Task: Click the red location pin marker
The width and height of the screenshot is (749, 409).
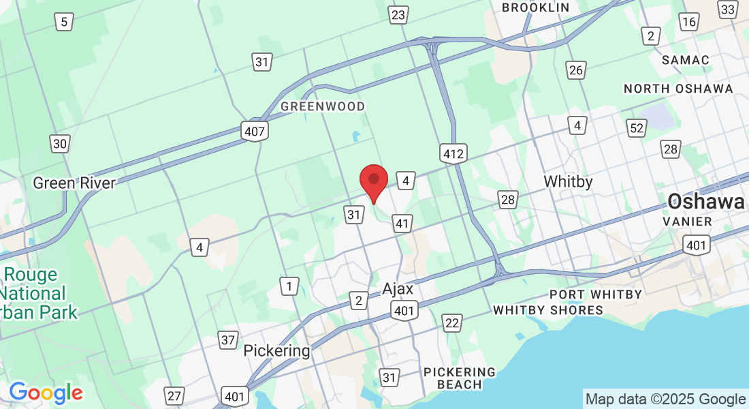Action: [x=373, y=181]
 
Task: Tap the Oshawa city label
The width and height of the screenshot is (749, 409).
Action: [x=706, y=201]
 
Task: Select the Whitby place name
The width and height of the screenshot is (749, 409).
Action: [x=568, y=182]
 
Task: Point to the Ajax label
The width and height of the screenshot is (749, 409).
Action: [x=398, y=288]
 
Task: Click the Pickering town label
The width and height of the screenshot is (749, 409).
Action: [x=276, y=351]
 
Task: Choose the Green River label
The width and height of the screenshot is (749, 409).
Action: [x=74, y=183]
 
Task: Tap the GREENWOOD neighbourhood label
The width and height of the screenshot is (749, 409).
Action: [x=323, y=106]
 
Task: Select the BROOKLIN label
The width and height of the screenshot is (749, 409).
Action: [x=535, y=7]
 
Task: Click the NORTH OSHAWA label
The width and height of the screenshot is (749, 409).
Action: [x=678, y=89]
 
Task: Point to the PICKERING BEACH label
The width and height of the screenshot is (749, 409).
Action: [x=460, y=378]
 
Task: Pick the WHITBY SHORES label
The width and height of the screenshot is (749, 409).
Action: [x=548, y=310]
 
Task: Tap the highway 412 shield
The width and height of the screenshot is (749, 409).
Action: [x=453, y=153]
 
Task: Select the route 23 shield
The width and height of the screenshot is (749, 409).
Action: [x=398, y=15]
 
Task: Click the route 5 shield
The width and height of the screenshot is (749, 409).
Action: [x=64, y=22]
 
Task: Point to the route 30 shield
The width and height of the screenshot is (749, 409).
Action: [x=60, y=143]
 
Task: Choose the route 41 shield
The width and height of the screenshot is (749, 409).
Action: [x=403, y=223]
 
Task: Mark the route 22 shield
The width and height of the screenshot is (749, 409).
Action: [x=451, y=322]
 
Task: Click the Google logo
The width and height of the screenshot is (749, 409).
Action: [x=46, y=392]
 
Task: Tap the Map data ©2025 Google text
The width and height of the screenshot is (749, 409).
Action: [x=665, y=399]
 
